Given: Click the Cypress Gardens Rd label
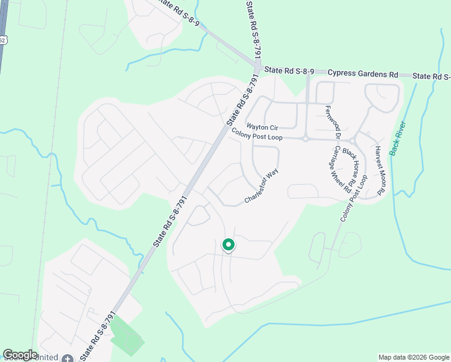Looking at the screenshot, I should click(x=363, y=74).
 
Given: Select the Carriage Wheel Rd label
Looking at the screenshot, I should click(x=341, y=168).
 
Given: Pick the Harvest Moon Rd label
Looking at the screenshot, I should click(x=380, y=170).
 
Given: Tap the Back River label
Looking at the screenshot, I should click(x=398, y=138).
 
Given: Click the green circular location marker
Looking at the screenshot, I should click(x=228, y=245).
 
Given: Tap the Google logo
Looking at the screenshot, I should click(x=20, y=355).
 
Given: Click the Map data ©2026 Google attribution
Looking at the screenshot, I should click(x=414, y=357).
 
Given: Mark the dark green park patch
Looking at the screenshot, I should click(x=128, y=336).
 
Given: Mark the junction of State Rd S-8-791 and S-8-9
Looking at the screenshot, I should click(x=258, y=68).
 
